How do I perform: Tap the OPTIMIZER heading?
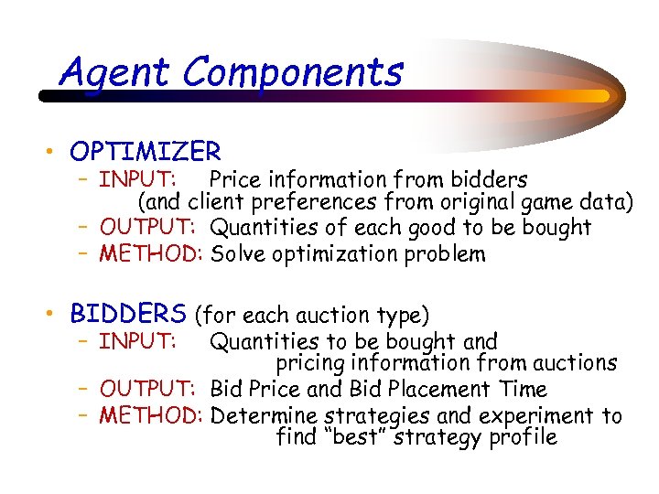(145, 151)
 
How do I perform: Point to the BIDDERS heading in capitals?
(128, 315)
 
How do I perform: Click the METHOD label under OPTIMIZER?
(150, 253)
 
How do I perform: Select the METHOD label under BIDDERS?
(150, 416)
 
